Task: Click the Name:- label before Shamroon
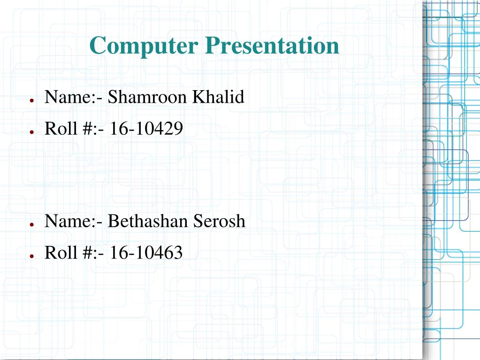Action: click(x=74, y=98)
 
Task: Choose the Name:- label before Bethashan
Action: click(x=74, y=221)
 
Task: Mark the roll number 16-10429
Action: click(x=146, y=128)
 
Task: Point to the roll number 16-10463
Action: click(x=146, y=253)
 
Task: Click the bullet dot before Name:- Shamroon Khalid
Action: click(x=30, y=100)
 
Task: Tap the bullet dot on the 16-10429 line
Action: click(x=30, y=132)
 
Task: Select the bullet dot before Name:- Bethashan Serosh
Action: click(x=30, y=224)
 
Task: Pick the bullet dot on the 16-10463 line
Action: click(x=30, y=256)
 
